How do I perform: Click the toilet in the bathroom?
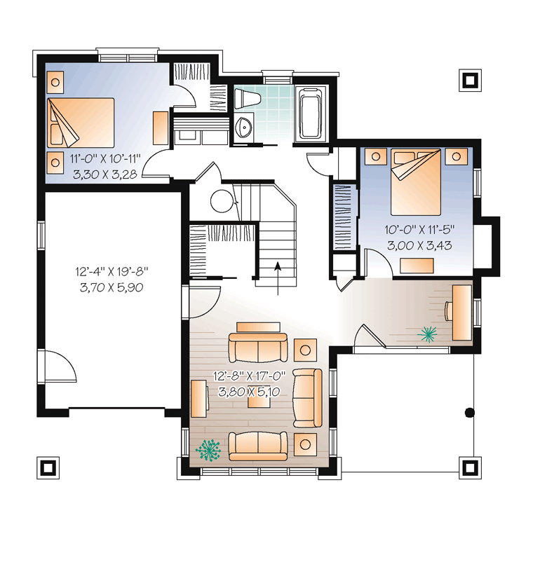click(x=247, y=99)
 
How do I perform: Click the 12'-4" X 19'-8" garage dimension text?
click(x=112, y=272)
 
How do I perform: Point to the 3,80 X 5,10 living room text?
click(x=249, y=392)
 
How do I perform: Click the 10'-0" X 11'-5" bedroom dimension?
click(x=419, y=229)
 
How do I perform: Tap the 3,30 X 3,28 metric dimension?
click(x=104, y=174)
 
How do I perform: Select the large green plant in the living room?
click(x=208, y=449)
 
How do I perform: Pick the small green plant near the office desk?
click(x=427, y=334)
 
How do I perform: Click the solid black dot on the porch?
click(x=469, y=413)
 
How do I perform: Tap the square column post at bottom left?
click(x=48, y=467)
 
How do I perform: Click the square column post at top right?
click(x=470, y=80)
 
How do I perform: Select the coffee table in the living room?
click(x=259, y=402)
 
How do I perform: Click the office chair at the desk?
click(x=449, y=310)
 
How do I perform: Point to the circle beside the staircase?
click(x=222, y=200)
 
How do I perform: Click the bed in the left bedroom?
click(x=81, y=123)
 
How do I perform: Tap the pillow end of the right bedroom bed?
click(x=416, y=158)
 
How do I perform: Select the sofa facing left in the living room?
click(x=307, y=398)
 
